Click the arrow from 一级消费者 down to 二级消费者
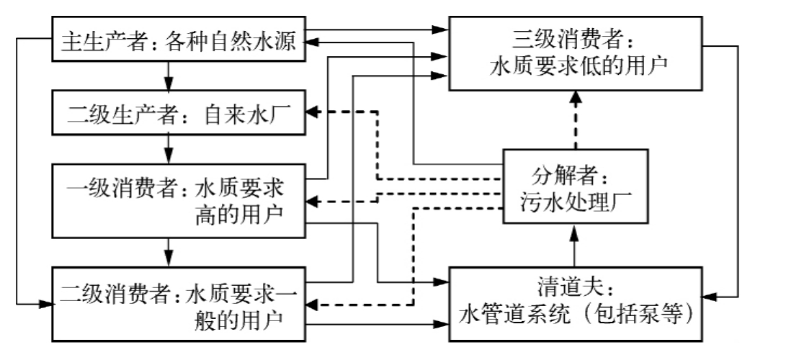click(168, 252)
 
